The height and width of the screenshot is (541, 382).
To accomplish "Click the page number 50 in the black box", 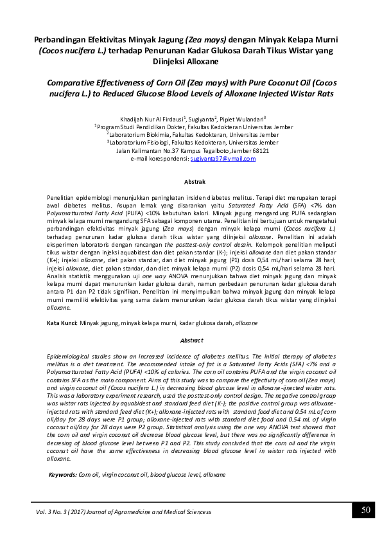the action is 365,510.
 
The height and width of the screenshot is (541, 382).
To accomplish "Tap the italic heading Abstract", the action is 191,340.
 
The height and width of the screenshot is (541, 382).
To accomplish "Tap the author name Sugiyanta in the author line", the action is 201,120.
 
